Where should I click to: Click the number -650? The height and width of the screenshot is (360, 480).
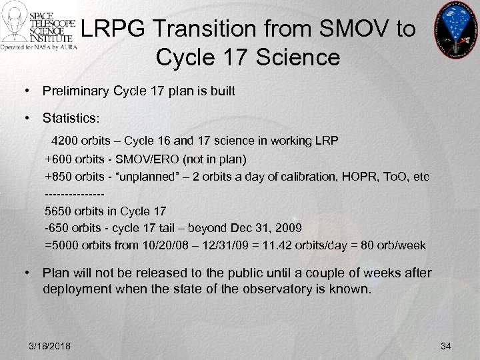pos(57,228)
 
